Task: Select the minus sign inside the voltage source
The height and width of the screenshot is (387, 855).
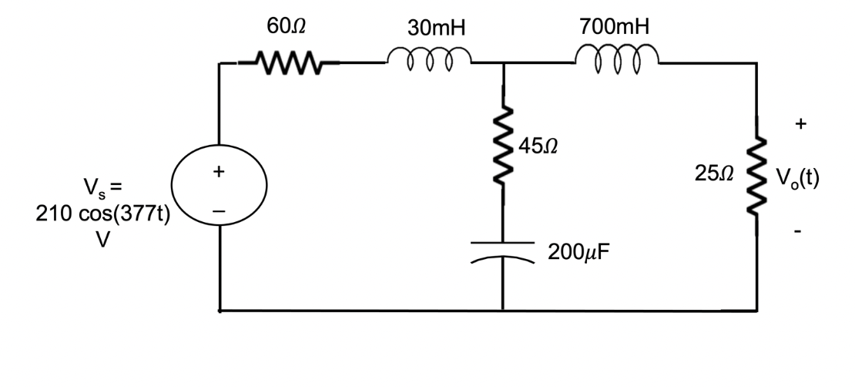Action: coord(220,207)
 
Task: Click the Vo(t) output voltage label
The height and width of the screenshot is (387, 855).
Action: coord(797,180)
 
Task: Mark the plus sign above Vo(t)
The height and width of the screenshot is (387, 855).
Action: coord(802,123)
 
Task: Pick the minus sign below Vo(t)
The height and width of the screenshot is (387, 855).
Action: coord(802,231)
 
